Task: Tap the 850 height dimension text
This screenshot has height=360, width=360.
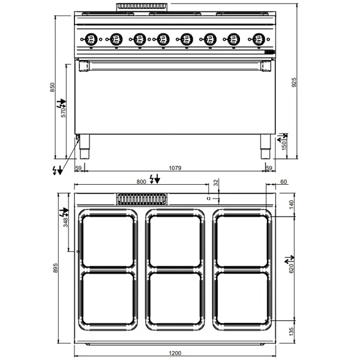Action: point(53,88)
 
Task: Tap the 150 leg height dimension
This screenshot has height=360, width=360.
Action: point(285,145)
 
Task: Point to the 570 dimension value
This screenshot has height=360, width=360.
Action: point(64,112)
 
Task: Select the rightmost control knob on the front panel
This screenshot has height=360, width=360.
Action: point(259,40)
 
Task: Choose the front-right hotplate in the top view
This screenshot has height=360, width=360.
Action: point(243,298)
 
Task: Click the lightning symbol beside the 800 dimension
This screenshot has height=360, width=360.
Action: point(155,179)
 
